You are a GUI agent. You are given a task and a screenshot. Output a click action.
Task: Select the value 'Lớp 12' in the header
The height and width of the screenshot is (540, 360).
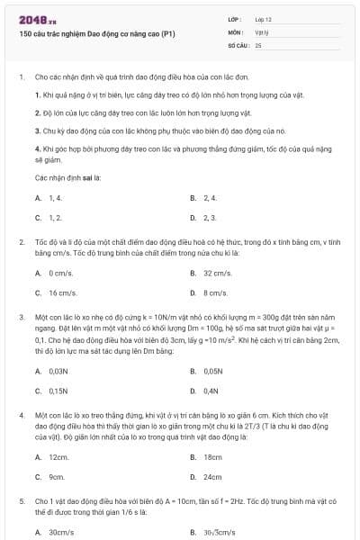click(264, 19)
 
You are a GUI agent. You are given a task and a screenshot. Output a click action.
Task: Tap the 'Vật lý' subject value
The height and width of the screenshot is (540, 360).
click(262, 31)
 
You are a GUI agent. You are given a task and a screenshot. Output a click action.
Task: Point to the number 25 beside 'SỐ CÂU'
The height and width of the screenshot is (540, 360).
click(258, 44)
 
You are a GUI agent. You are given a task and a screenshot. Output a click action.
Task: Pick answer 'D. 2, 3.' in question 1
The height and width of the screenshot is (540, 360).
click(209, 217)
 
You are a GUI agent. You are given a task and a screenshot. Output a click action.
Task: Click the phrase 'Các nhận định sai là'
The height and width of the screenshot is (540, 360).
click(68, 177)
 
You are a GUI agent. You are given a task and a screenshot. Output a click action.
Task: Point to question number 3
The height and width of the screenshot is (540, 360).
click(21, 317)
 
